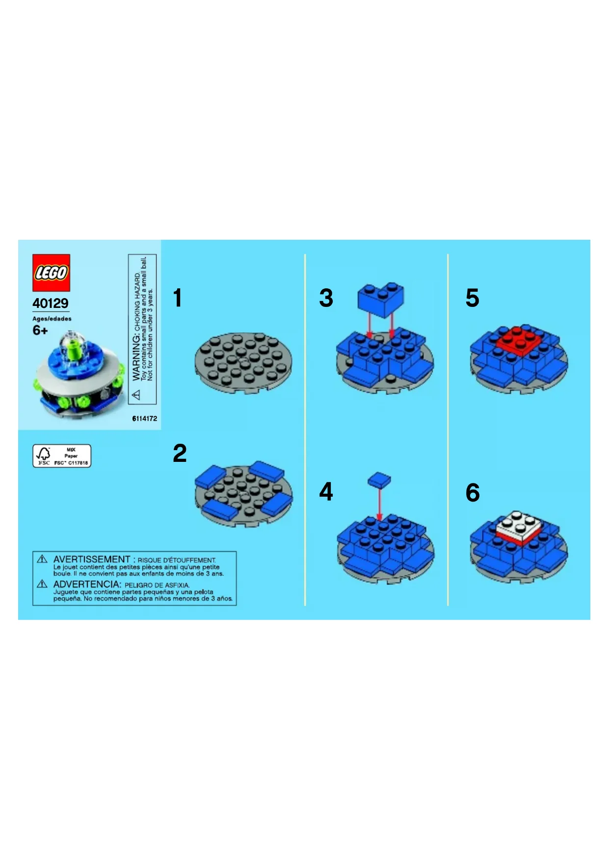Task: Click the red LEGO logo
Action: point(51,273)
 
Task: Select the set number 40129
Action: point(51,303)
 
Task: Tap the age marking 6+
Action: point(40,330)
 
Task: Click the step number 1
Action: point(178,298)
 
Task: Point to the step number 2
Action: point(180,453)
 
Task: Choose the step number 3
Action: point(326,298)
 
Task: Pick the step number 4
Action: point(326,491)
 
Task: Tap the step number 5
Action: point(472,298)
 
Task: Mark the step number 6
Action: point(473,493)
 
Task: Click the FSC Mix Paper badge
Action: point(62,456)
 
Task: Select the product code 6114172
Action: point(145,418)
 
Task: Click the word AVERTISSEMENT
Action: point(92,559)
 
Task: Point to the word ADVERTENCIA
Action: point(86,584)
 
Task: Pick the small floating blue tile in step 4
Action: point(380,480)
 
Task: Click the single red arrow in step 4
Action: point(379,504)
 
